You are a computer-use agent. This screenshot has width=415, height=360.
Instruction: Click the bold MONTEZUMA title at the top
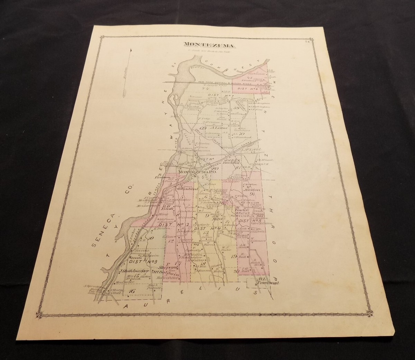point(203,45)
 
